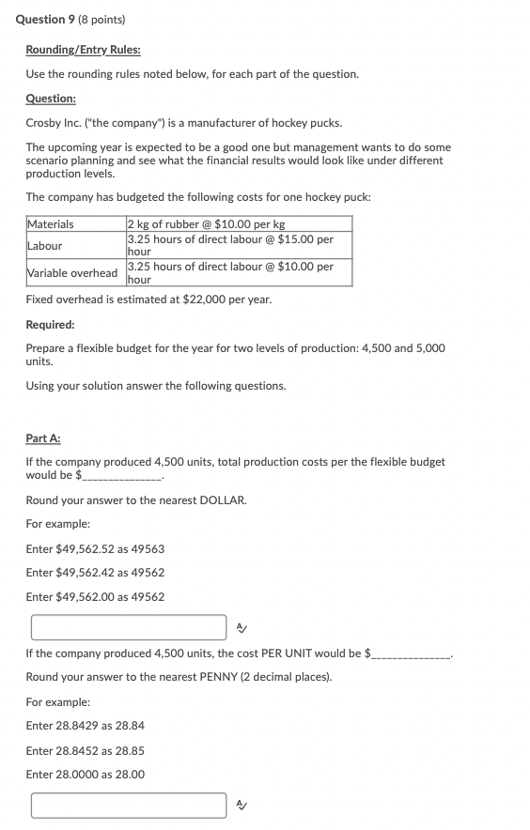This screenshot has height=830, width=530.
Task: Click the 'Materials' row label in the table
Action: [51, 224]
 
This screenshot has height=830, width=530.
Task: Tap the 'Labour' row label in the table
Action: [45, 246]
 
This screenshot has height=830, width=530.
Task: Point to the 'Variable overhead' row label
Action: [73, 273]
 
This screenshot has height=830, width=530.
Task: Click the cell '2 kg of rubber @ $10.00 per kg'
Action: [206, 224]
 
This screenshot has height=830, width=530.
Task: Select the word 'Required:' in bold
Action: [51, 324]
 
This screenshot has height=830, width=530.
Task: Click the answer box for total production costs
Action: [128, 627]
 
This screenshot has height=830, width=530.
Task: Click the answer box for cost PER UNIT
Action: [128, 805]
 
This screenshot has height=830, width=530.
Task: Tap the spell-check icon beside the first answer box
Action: [242, 627]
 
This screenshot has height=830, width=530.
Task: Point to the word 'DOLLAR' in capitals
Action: [223, 500]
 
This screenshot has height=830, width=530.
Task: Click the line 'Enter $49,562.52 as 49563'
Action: [95, 548]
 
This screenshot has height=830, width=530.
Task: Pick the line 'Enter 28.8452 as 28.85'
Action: [86, 750]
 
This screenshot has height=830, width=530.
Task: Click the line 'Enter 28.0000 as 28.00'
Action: [86, 775]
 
